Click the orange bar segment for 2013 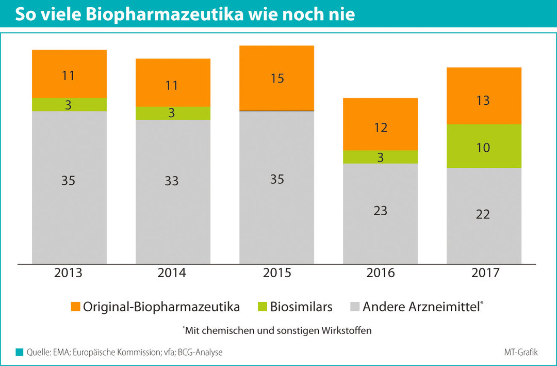coord(69,74)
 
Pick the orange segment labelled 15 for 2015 coord(276,78)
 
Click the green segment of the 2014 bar coord(173,113)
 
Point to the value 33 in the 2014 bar coord(172,181)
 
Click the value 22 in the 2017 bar coord(483,214)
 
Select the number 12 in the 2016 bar coord(381,128)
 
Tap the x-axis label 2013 coord(68,273)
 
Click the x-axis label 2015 coord(277,273)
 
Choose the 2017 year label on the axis coord(485,273)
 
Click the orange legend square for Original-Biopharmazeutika coord(75,307)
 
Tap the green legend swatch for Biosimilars coord(261,307)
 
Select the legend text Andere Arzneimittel coord(420,307)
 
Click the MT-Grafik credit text coord(520,352)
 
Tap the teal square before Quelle coord(20,352)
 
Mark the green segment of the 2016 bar coord(380,157)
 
